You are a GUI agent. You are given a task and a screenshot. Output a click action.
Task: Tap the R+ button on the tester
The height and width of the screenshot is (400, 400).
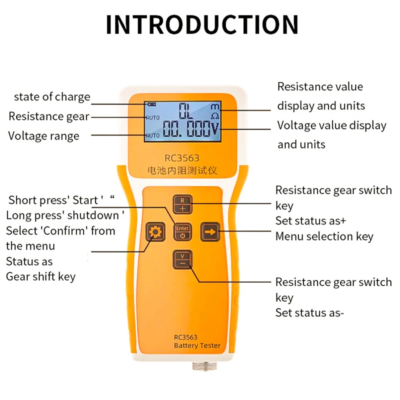coord(183,203)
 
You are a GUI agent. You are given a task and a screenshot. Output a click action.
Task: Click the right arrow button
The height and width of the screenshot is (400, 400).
coord(210,232)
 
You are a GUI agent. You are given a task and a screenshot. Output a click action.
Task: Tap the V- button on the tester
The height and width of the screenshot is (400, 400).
coord(183,260)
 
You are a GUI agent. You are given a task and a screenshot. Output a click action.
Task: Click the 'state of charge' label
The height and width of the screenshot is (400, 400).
coord(52,97)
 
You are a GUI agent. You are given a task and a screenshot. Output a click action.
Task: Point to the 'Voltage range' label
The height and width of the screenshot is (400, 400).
coord(43,136)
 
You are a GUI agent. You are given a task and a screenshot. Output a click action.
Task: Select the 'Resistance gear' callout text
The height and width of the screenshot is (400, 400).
coord(48,116)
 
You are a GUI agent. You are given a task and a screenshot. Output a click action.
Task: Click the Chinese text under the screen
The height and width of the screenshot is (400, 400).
coord(182,170)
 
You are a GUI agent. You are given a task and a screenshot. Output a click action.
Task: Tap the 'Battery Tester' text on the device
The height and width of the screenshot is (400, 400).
coord(197,345)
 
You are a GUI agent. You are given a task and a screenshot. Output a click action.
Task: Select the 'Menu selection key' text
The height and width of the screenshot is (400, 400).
coord(324,236)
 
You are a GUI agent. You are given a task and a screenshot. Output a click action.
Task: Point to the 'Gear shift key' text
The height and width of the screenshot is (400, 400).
coord(40,276)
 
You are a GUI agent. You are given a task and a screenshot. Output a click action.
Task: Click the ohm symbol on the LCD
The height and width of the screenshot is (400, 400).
coord(215,116)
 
